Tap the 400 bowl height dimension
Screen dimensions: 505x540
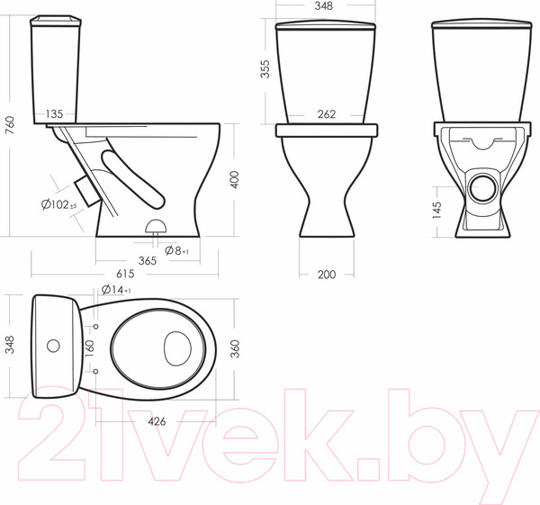[x=234, y=179]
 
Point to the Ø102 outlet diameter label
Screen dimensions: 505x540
[x=59, y=204]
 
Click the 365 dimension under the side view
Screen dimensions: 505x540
[x=148, y=260]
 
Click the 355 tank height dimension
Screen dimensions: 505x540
[x=265, y=70]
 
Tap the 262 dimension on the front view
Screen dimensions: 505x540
[x=326, y=114]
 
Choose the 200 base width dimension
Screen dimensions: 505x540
[x=326, y=274]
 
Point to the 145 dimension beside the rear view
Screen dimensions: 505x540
[x=436, y=211]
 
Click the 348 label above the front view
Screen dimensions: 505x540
[x=325, y=5]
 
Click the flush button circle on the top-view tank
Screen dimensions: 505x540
[x=52, y=345]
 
